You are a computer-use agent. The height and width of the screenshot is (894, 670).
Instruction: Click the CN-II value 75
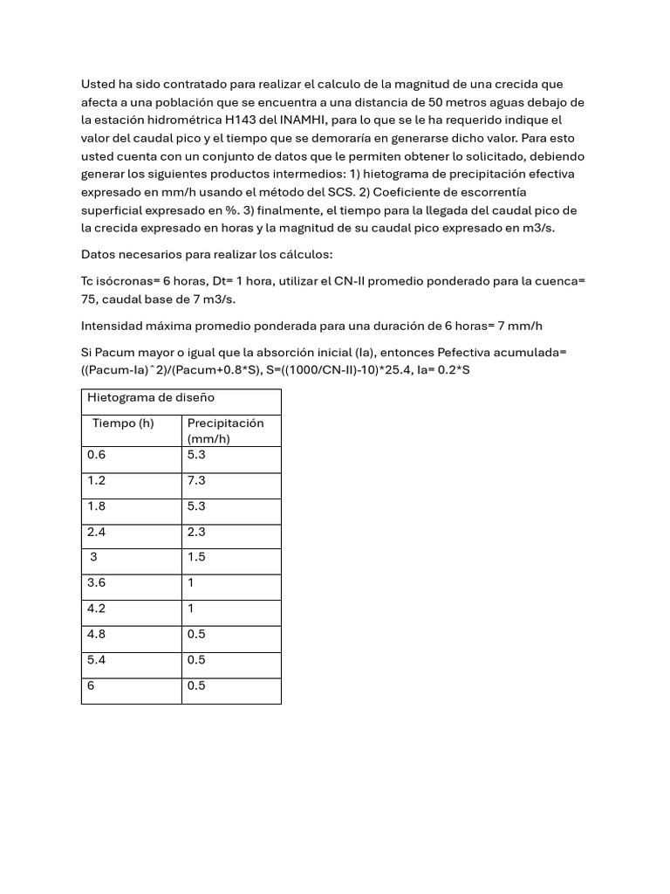90,299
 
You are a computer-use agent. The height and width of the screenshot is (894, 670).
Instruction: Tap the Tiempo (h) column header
123,423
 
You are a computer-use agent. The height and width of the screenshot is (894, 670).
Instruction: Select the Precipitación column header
225,423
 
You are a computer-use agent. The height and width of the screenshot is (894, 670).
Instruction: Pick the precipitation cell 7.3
196,481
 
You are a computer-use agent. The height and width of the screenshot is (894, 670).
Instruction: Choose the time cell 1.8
95,506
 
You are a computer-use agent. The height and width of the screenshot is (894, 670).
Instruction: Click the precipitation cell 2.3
196,532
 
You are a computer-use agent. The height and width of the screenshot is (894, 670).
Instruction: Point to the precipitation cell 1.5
196,557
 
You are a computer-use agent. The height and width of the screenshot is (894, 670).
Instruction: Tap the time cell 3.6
96,582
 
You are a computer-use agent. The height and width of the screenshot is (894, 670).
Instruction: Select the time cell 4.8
96,635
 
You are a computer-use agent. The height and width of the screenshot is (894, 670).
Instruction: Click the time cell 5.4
96,660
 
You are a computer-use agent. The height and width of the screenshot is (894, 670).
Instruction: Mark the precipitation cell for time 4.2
191,609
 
